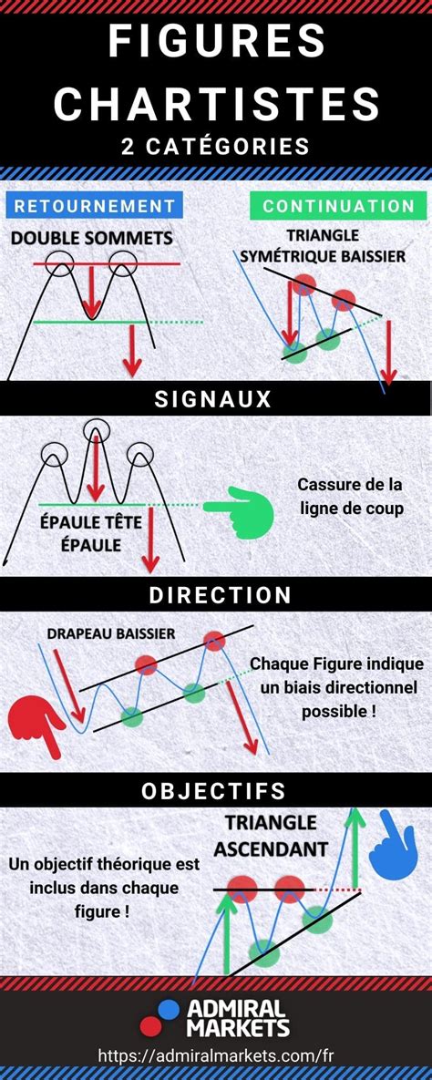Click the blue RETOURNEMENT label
[x=95, y=205]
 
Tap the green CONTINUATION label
[x=338, y=205]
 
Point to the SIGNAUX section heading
[x=213, y=399]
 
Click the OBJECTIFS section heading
[x=213, y=791]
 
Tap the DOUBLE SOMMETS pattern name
[x=92, y=239]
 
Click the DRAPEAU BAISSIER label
[x=111, y=633]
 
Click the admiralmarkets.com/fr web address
[x=216, y=1054]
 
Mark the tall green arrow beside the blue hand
[x=355, y=848]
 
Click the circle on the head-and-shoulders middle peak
[x=95, y=430]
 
